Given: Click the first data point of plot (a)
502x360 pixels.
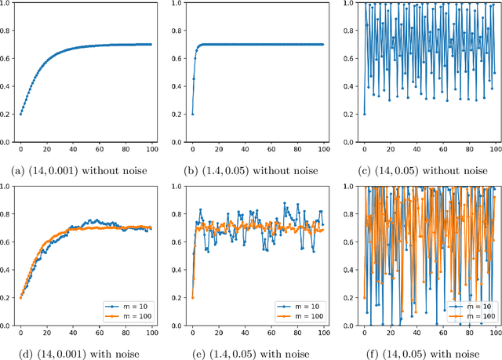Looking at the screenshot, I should (20, 115).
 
